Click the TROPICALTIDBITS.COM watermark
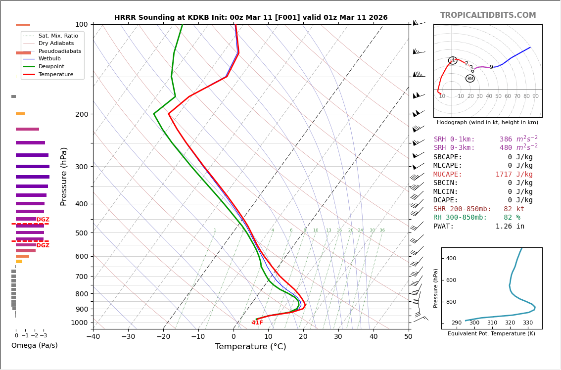pos(488,15)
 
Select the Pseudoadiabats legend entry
pos(59,51)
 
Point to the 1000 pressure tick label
pos(79,323)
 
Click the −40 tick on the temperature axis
pos(93,337)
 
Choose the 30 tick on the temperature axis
pos(338,337)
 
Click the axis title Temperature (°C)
pos(250,347)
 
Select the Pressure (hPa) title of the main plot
pos(64,176)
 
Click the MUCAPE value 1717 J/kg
pos(514,175)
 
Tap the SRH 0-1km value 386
pos(506,139)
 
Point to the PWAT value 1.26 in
pos(510,227)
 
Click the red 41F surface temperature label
pos(257,323)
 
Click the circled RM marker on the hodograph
pos(470,79)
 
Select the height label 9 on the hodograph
pos(491,67)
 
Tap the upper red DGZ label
pos(43,220)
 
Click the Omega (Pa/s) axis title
pos(35,346)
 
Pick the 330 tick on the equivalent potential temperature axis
pos(528,323)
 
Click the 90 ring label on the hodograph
pos(535,96)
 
